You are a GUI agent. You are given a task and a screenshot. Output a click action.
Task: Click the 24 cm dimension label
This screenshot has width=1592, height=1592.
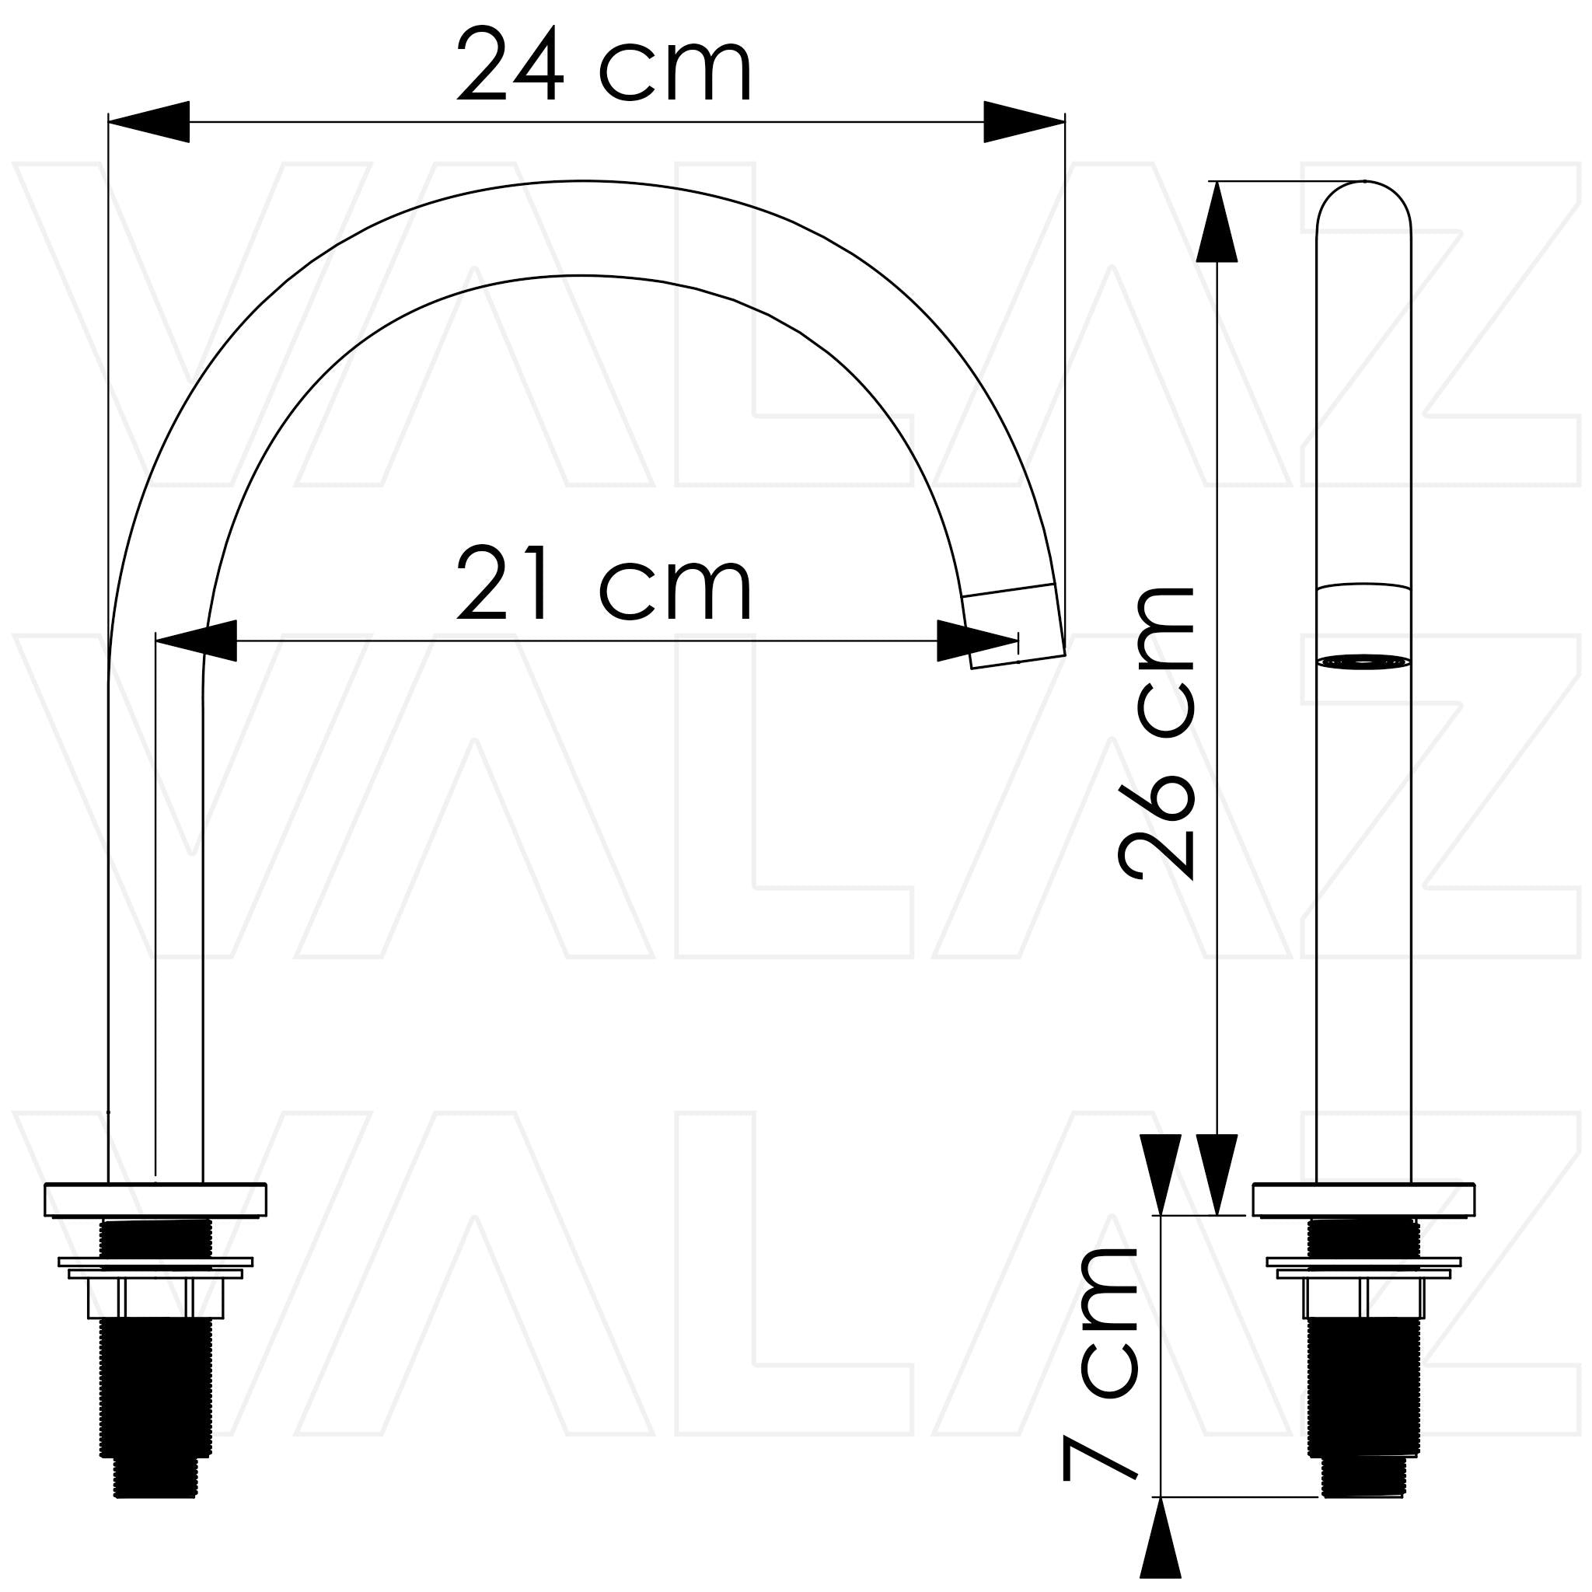604,65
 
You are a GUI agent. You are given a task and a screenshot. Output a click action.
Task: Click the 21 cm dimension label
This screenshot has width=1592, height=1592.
604,582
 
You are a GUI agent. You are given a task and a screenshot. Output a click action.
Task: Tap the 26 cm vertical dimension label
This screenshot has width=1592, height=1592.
1156,732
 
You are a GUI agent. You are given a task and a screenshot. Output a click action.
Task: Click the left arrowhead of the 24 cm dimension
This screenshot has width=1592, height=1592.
149,122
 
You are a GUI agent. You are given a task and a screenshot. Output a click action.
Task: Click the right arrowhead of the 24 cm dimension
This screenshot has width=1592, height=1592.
1025,122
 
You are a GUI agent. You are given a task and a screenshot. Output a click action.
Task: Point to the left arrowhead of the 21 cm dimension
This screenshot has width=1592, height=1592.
196,641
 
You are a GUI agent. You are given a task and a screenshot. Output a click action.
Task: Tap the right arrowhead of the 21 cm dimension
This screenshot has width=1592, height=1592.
978,641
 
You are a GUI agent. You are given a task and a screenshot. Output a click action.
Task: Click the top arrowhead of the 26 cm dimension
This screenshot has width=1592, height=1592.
1217,222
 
